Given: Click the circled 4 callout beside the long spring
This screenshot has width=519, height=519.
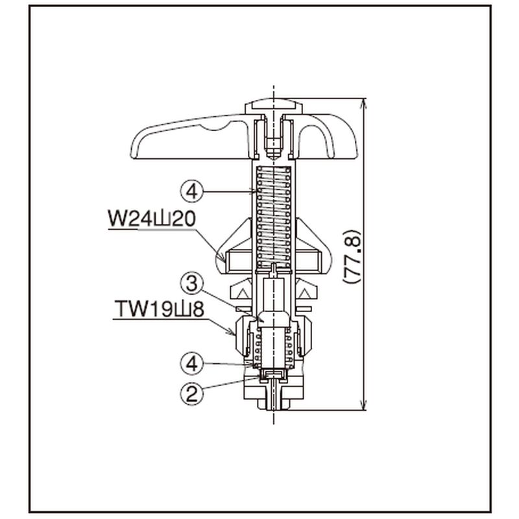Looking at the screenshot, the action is click(192, 191).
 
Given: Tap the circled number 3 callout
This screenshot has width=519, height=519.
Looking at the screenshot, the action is click(192, 284).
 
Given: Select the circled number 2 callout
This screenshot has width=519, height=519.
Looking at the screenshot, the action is click(192, 394).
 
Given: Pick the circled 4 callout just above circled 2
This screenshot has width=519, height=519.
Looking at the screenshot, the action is click(192, 363).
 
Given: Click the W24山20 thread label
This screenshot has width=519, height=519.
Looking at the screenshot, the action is click(152, 219).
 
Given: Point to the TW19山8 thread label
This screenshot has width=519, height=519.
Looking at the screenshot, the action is click(159, 309).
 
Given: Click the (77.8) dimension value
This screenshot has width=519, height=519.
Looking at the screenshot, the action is click(352, 256).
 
